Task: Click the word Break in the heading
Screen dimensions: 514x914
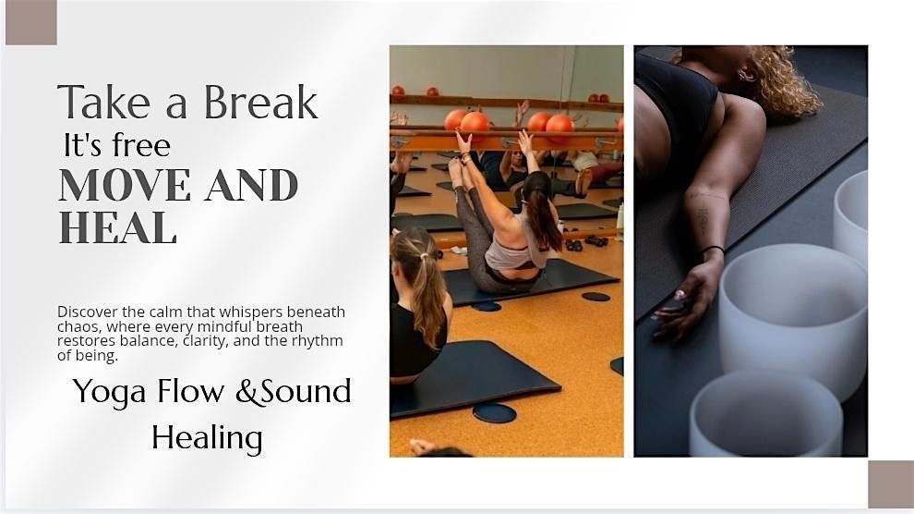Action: coord(260,103)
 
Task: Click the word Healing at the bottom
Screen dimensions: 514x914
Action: coord(207,437)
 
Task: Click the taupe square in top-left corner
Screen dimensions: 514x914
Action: coord(30,23)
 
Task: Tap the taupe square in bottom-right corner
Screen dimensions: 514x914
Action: coord(890,484)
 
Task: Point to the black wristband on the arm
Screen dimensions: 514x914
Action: coord(711,250)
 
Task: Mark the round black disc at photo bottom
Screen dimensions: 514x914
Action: coord(494,412)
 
